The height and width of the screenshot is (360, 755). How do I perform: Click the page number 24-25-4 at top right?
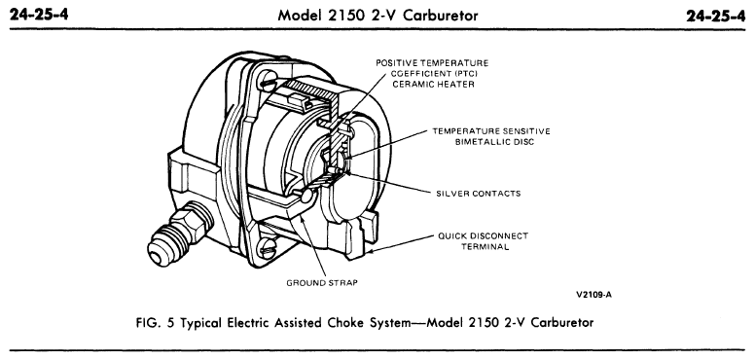click(718, 15)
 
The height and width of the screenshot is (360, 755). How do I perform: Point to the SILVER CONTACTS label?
click(476, 193)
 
